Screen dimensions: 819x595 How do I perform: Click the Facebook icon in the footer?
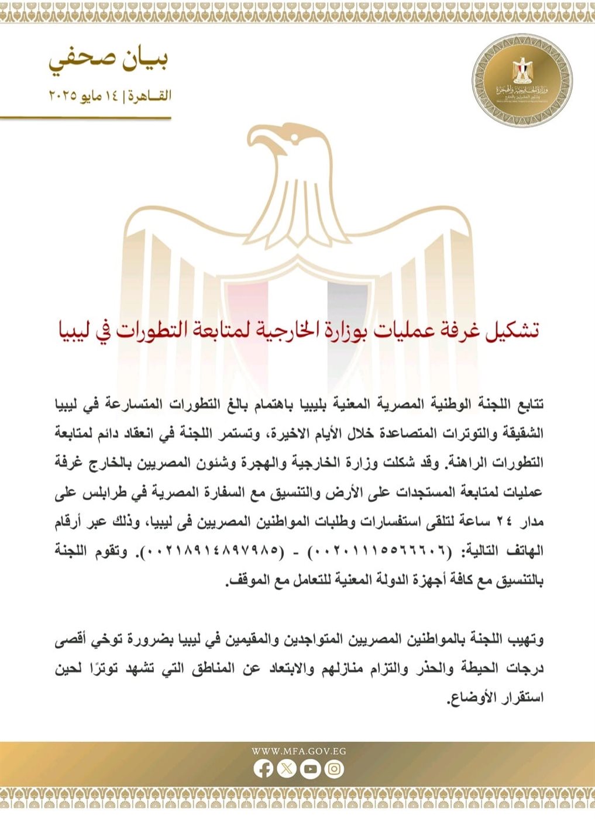[264, 768]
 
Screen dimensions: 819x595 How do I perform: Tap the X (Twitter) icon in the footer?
[287, 768]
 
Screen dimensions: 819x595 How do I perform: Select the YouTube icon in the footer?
[310, 768]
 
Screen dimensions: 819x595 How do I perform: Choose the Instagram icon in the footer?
[334, 768]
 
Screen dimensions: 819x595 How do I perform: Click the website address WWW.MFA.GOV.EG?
[298, 751]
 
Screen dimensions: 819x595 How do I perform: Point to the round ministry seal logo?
[522, 80]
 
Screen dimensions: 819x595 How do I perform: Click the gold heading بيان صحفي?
[109, 60]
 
